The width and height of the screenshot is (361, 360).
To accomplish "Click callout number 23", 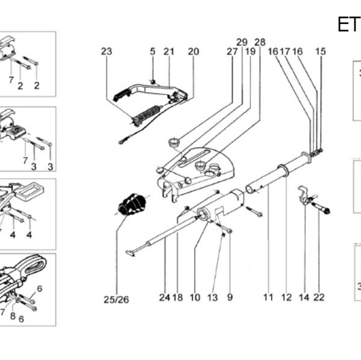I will tap(106, 52).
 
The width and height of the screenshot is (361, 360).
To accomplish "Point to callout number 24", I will tap(165, 297).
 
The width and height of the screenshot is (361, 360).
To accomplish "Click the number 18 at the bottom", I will tap(177, 297).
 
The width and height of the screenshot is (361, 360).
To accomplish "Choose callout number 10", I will tap(194, 297).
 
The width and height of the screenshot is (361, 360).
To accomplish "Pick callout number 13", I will tap(212, 297).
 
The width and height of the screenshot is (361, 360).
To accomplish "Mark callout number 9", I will tap(230, 297).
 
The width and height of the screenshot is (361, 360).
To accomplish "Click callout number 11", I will tap(268, 297).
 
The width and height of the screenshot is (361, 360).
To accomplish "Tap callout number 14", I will tap(304, 297).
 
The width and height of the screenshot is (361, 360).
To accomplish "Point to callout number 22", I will tap(319, 297).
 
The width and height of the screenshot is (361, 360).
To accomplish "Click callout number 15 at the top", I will tap(321, 52).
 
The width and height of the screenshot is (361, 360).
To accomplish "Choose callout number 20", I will tap(193, 52).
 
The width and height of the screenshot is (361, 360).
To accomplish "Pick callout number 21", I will tap(169, 52).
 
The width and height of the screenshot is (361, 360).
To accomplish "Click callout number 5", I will tap(152, 52).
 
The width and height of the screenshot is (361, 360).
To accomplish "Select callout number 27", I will tap(232, 52).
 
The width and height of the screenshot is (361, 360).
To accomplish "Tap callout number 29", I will tap(242, 42).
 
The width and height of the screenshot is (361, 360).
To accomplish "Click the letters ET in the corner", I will tap(348, 24).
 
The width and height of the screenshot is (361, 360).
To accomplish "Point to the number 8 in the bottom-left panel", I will tap(13, 315).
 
